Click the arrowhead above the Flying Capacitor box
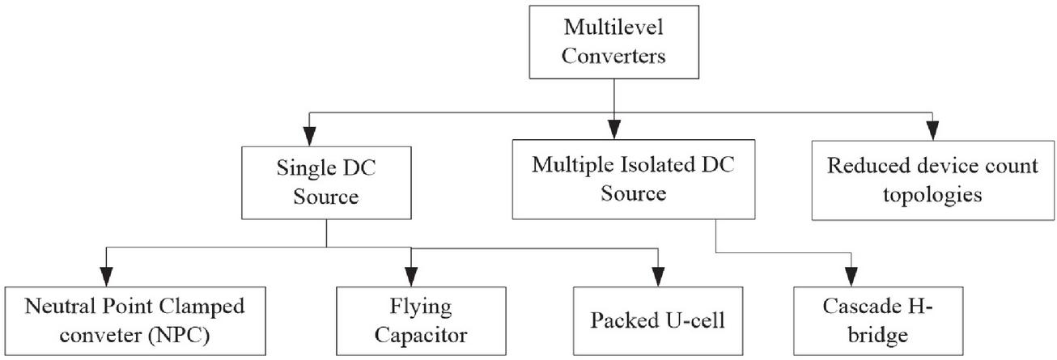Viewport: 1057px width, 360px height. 412,275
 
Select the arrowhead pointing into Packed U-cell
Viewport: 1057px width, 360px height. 659,276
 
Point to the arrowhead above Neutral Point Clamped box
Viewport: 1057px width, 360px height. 105,275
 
